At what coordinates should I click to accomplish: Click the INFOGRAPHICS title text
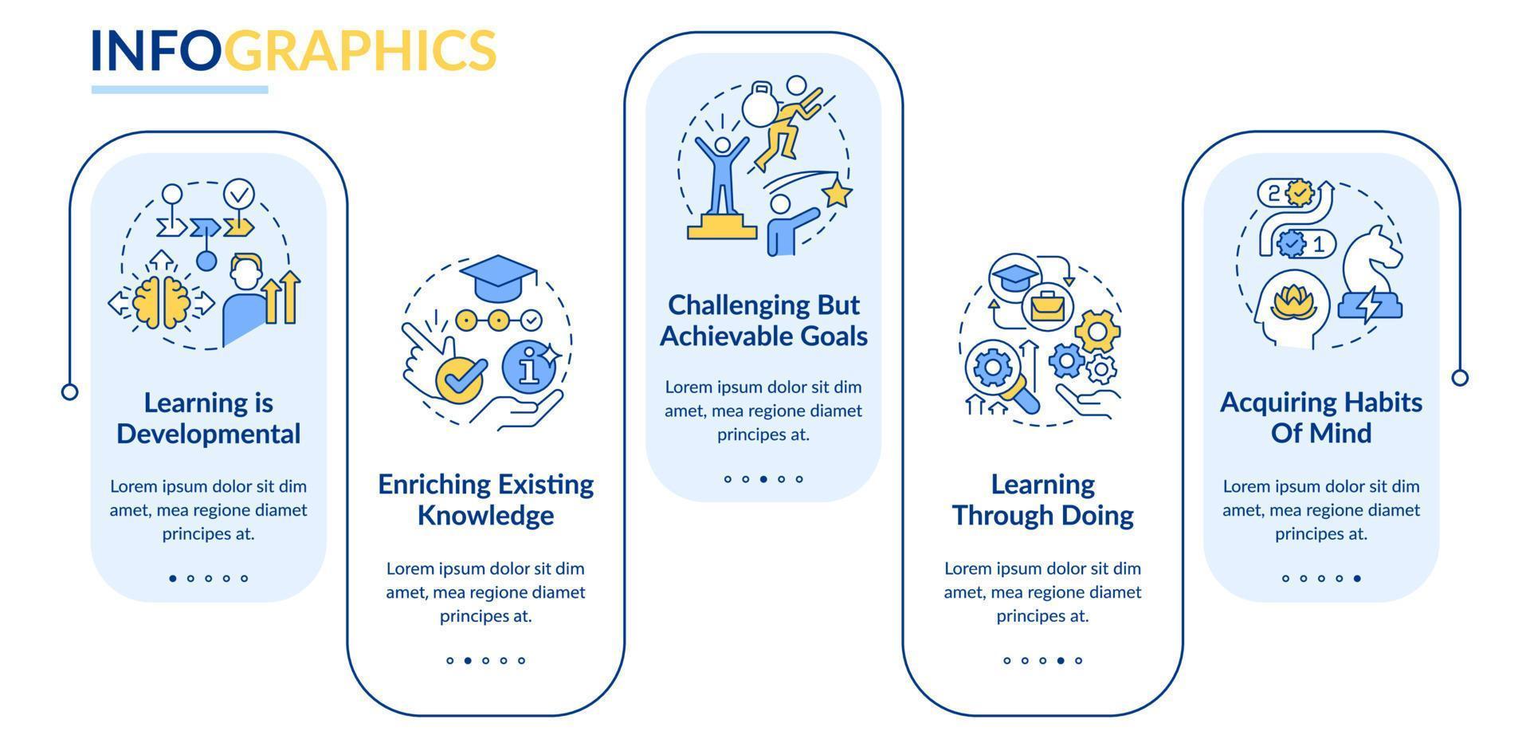tap(293, 49)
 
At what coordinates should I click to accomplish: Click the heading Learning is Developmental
tap(209, 418)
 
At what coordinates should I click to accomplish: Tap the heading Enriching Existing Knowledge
tap(486, 499)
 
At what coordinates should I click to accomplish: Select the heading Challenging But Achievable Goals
tap(763, 320)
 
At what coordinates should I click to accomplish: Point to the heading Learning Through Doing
tap(1042, 499)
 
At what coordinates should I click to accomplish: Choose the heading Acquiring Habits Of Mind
tap(1321, 417)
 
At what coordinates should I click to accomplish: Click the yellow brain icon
tap(162, 302)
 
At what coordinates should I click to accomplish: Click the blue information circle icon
tap(528, 367)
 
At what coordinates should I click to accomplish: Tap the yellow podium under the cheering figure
tap(722, 226)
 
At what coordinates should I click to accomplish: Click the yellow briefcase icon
tap(1048, 306)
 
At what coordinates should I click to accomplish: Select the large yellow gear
tap(1097, 331)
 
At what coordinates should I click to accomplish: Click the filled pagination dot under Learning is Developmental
tap(173, 579)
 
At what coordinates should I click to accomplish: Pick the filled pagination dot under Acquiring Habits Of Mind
tap(1357, 579)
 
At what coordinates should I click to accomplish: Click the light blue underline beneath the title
tap(179, 89)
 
